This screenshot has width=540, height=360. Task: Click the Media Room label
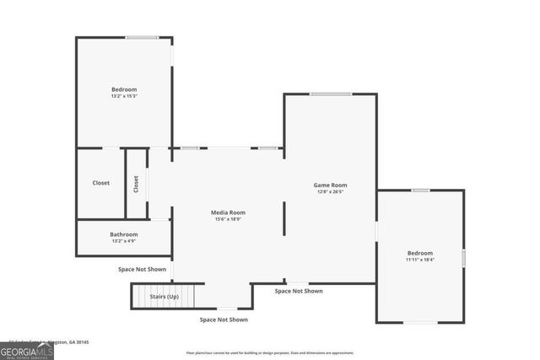pyautogui.click(x=228, y=212)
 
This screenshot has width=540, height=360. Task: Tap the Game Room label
pyautogui.click(x=330, y=185)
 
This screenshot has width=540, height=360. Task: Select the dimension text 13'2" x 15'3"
pyautogui.click(x=124, y=96)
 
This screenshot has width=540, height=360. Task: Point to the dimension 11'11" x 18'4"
pyautogui.click(x=419, y=260)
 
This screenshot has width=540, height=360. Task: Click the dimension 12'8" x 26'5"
pyautogui.click(x=330, y=191)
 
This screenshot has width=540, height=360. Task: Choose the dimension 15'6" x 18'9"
pyautogui.click(x=228, y=219)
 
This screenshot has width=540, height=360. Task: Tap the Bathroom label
pyautogui.click(x=124, y=234)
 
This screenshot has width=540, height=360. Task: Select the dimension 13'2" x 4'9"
pyautogui.click(x=124, y=241)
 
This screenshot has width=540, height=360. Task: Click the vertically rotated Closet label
pyautogui.click(x=136, y=183)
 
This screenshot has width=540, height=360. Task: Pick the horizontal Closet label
pyautogui.click(x=101, y=183)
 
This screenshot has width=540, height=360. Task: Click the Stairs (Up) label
pyautogui.click(x=165, y=297)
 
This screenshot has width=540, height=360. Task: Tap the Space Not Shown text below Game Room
pyautogui.click(x=299, y=291)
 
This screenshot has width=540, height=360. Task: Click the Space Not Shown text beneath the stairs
pyautogui.click(x=224, y=320)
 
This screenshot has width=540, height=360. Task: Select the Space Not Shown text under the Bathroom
pyautogui.click(x=142, y=269)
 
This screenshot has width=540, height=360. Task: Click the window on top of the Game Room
pyautogui.click(x=330, y=94)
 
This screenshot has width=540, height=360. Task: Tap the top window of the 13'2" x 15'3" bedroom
pyautogui.click(x=142, y=37)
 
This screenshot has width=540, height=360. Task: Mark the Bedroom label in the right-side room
pyautogui.click(x=419, y=253)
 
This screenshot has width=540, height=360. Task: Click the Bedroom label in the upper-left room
pyautogui.click(x=124, y=89)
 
